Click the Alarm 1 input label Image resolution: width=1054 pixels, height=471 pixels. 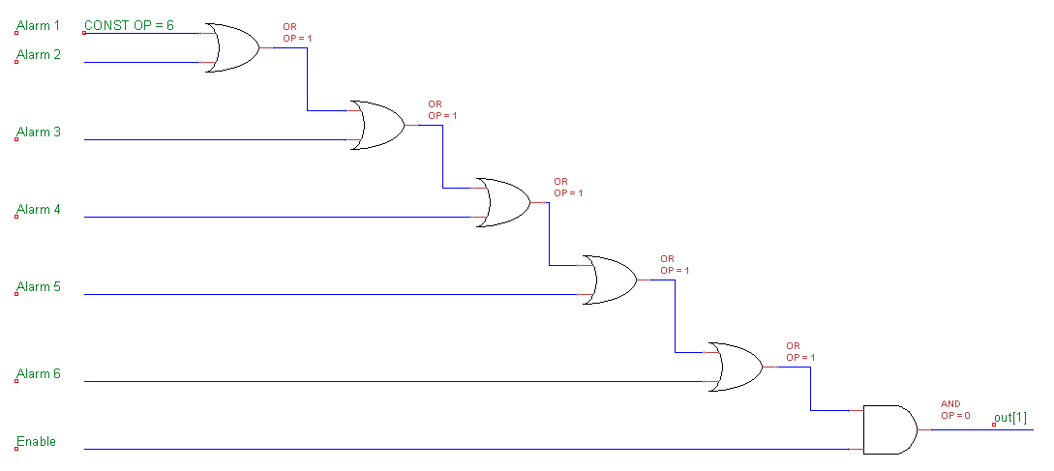[38, 25]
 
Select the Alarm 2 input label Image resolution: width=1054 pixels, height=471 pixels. [38, 55]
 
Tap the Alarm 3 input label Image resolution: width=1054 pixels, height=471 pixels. [38, 132]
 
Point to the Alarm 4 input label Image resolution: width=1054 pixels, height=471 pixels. [38, 210]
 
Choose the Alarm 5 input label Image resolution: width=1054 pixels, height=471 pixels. [38, 287]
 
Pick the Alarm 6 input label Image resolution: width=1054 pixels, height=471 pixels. [38, 374]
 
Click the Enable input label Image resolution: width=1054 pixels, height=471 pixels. [36, 442]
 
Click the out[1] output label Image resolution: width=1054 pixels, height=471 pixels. [1009, 417]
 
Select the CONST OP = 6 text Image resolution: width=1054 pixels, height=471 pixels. [130, 25]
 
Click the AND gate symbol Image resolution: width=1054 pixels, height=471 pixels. [888, 429]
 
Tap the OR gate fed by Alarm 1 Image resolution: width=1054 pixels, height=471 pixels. [233, 47]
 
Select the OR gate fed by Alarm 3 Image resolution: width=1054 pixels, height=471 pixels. [376, 125]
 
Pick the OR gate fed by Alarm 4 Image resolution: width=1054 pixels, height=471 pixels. [503, 202]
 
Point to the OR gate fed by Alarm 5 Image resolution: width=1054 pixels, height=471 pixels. [609, 280]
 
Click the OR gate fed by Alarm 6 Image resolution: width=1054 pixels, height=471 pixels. [735, 367]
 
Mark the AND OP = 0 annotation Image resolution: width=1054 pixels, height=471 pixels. [954, 409]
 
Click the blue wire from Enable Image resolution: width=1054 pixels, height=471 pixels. [465, 450]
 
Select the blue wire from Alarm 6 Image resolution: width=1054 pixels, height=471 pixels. [387, 382]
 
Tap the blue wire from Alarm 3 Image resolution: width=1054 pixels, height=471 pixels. [213, 140]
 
